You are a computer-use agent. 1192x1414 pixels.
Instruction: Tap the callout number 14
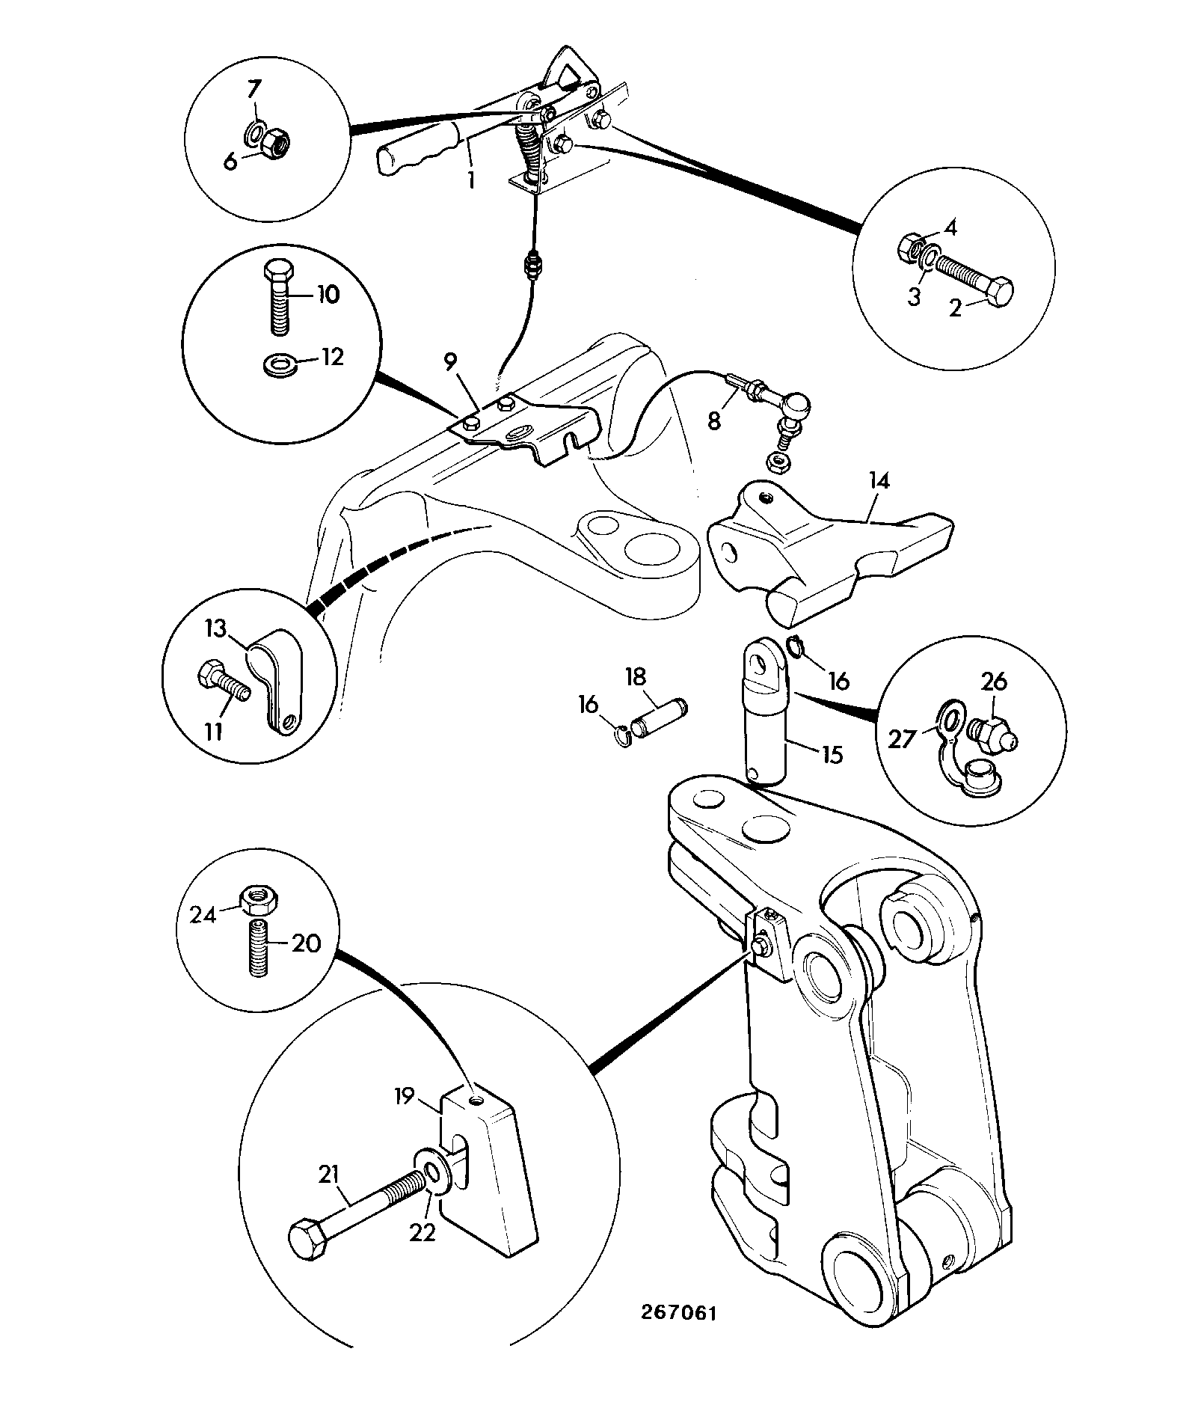click(879, 480)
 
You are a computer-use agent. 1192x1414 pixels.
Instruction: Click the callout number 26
click(994, 682)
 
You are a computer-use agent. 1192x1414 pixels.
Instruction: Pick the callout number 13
click(215, 629)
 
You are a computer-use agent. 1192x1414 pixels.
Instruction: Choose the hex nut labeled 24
click(259, 896)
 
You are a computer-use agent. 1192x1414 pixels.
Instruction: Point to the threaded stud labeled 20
click(259, 948)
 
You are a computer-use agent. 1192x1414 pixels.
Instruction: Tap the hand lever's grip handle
click(417, 151)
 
